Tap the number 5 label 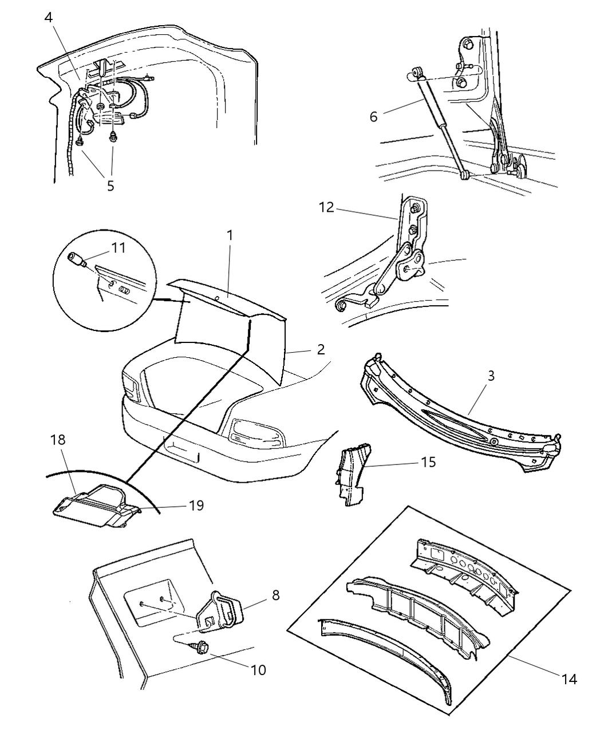[110, 186]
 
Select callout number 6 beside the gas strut [374, 117]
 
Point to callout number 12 [326, 207]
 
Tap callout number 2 [321, 349]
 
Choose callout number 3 [491, 376]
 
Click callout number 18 [58, 440]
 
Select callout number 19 [195, 506]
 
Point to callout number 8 [275, 595]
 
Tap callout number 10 [258, 669]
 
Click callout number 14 [569, 680]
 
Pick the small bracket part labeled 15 [350, 478]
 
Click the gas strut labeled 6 [441, 129]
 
